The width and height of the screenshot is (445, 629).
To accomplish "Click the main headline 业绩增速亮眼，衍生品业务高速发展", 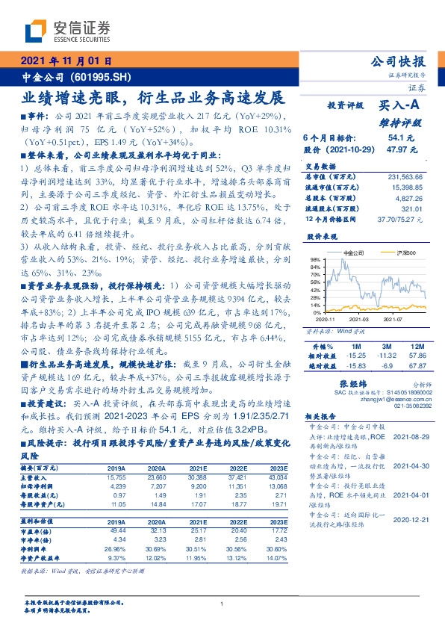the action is (x=153, y=98).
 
